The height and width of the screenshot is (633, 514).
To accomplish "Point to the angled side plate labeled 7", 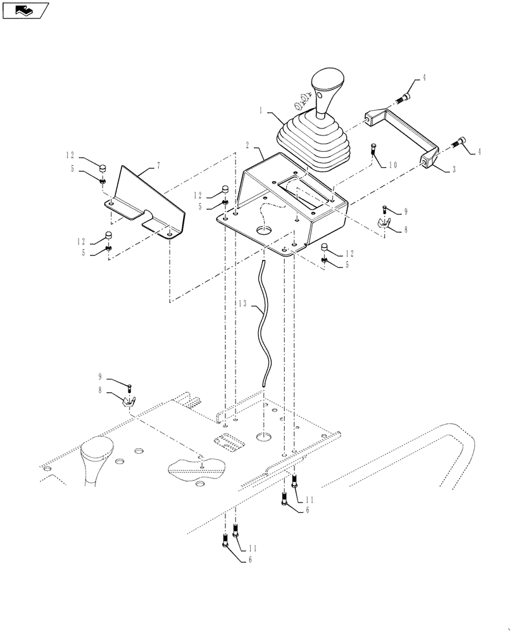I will click(149, 196).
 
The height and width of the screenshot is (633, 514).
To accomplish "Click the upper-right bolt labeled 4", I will click(403, 97).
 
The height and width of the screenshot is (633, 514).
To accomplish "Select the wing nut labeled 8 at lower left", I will click(130, 401).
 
